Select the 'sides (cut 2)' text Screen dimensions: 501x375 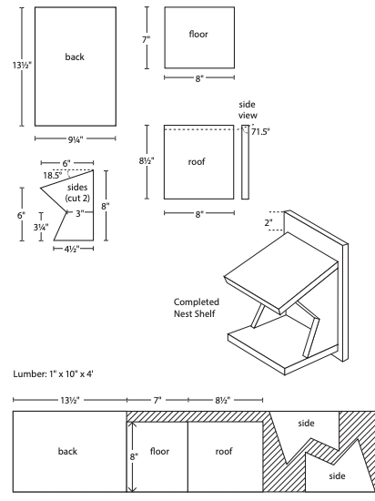[78, 193]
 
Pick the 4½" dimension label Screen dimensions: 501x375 [73, 249]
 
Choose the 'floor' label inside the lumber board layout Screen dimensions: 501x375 [160, 450]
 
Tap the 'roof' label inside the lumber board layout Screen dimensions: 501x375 [224, 450]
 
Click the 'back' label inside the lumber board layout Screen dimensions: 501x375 [68, 450]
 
